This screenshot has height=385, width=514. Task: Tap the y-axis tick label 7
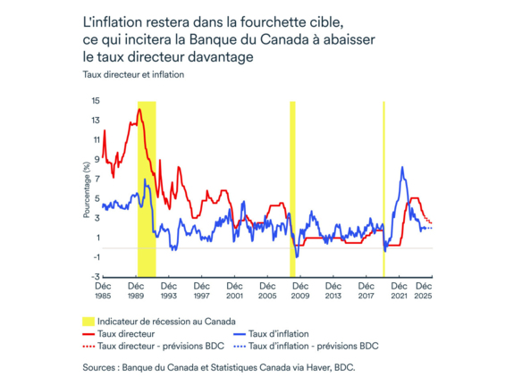pos(97,179)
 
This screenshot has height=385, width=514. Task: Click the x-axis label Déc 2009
pos(300,290)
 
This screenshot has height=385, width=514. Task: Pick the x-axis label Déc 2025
pos(424,290)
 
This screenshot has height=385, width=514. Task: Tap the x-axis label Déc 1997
pos(201,290)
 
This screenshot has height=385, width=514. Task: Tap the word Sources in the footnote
pos(99,366)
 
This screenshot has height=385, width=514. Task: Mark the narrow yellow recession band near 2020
pos(383,179)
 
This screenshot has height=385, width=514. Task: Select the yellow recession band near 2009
pos(292,179)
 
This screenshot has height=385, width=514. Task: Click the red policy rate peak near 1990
pos(139,110)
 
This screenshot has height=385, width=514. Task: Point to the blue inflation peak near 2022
pos(403,168)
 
